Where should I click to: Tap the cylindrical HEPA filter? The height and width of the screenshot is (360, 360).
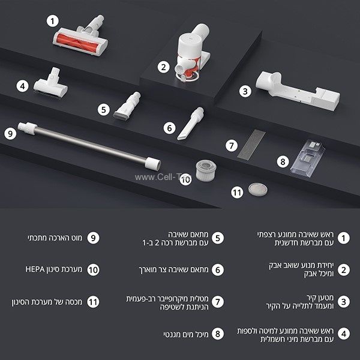coord(207,170)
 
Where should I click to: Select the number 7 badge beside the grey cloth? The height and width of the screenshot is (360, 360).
coord(228,145)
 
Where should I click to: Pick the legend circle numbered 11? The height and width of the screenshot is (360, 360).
coord(92,301)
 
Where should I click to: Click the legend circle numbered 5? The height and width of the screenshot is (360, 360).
coord(218,238)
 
